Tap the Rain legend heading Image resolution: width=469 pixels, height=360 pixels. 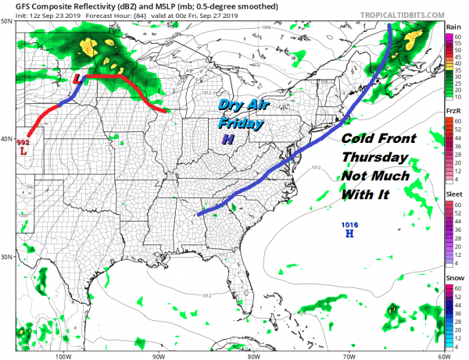pyautogui.click(x=453, y=27)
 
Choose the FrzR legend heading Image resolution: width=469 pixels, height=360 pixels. pyautogui.click(x=453, y=112)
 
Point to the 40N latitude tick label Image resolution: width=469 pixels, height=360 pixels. pyautogui.click(x=9, y=139)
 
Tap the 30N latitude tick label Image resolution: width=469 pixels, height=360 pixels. pyautogui.click(x=9, y=257)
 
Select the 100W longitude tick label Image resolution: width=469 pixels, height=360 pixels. pyautogui.click(x=64, y=355)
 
